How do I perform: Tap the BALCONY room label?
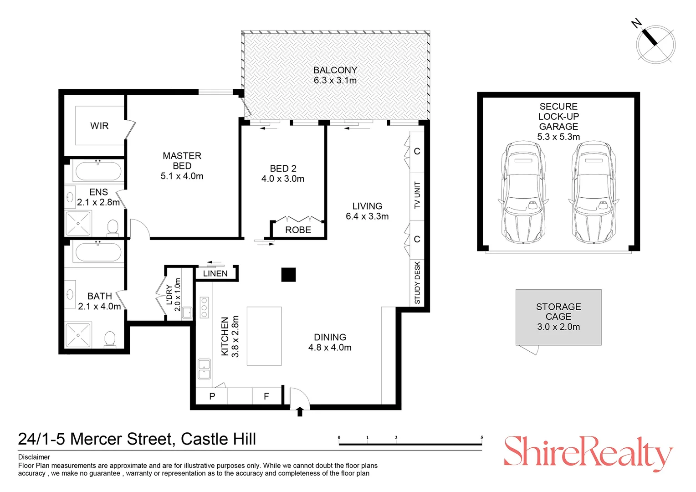coord(335,70)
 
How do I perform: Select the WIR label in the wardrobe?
coord(99,126)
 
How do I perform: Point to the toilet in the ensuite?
coord(113,226)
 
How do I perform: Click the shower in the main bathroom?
coord(78,335)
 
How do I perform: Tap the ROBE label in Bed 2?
coord(298,230)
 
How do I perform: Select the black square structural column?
coord(288,275)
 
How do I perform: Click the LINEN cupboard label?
coord(215,273)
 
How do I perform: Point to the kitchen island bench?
coord(264,336)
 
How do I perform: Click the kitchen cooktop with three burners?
coord(204,307)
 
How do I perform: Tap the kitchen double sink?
coord(204,369)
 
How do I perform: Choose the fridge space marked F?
coord(266,396)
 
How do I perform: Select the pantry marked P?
coord(212,396)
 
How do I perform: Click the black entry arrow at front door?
coord(299,412)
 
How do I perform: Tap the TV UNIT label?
coord(417,195)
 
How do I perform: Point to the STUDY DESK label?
coord(417,282)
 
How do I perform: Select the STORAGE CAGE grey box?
coord(558,317)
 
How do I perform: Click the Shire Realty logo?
coord(588,452)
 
